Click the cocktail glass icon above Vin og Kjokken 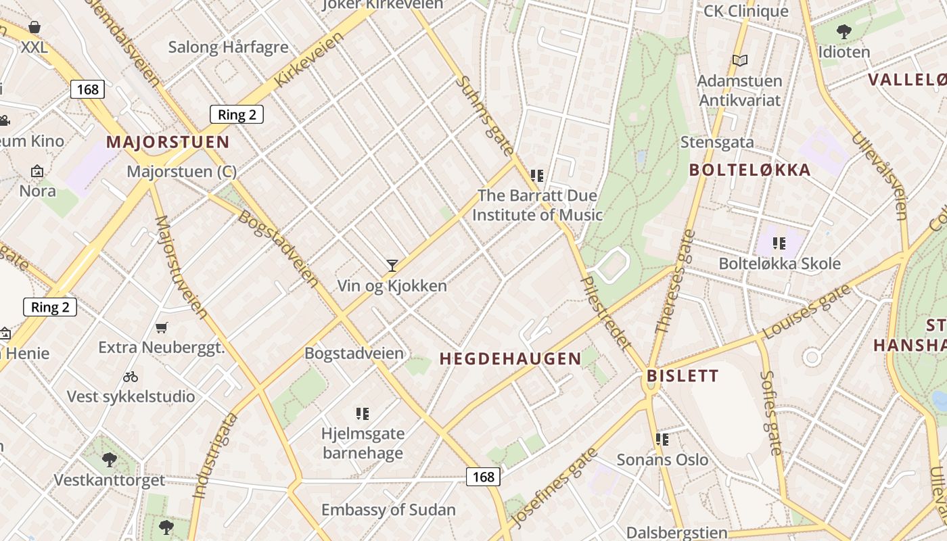pyautogui.click(x=392, y=265)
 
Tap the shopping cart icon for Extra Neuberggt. pyautogui.click(x=162, y=328)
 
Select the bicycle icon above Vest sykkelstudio pyautogui.click(x=131, y=377)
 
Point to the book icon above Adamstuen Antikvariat pyautogui.click(x=740, y=61)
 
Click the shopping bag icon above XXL pyautogui.click(x=34, y=27)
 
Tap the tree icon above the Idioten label pyautogui.click(x=844, y=31)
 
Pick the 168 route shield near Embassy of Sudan pyautogui.click(x=483, y=477)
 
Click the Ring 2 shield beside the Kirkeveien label pyautogui.click(x=236, y=114)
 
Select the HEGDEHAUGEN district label pyautogui.click(x=511, y=359)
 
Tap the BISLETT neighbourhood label pyautogui.click(x=683, y=376)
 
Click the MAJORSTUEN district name pyautogui.click(x=168, y=143)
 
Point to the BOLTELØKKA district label pyautogui.click(x=749, y=170)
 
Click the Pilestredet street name pyautogui.click(x=606, y=312)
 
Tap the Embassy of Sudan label pyautogui.click(x=388, y=510)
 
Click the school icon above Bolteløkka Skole pyautogui.click(x=779, y=243)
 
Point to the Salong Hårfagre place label pyautogui.click(x=228, y=47)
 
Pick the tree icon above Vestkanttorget pyautogui.click(x=109, y=461)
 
